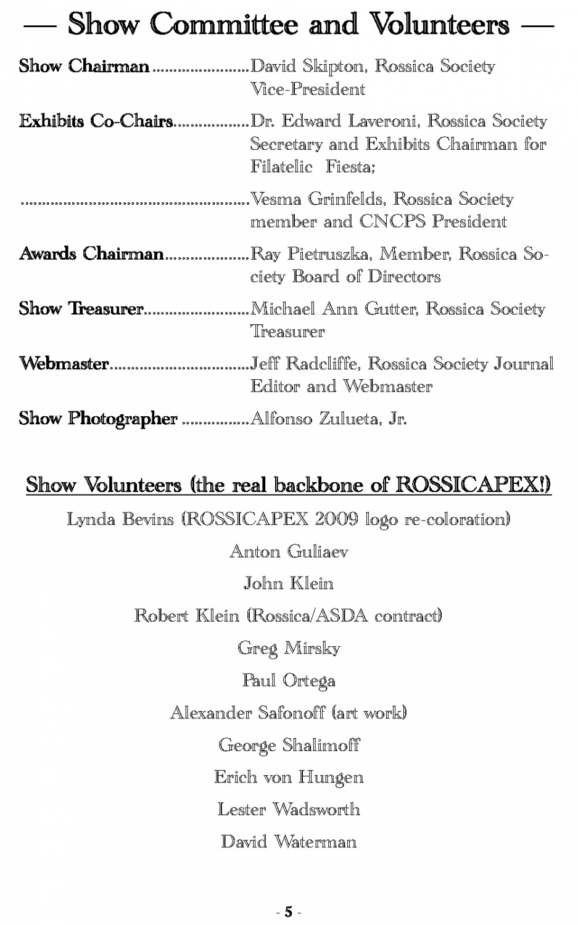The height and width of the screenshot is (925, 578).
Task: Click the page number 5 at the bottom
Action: click(x=288, y=912)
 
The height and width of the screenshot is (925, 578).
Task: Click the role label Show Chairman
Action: click(x=84, y=66)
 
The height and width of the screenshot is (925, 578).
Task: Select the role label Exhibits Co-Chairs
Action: click(x=96, y=121)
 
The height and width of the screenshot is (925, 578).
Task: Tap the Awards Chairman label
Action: click(x=91, y=254)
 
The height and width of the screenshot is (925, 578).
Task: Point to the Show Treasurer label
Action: click(x=81, y=309)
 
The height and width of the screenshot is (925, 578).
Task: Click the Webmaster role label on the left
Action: click(x=64, y=364)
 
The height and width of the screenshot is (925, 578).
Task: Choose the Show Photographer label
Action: click(x=98, y=419)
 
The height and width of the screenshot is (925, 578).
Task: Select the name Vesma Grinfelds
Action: click(x=318, y=199)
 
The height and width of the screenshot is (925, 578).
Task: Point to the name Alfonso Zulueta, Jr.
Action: click(x=328, y=419)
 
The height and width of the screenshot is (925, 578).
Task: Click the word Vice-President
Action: click(x=307, y=89)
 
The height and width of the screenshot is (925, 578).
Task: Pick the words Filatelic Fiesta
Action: click(x=312, y=166)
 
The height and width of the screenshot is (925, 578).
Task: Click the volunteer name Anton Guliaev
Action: click(x=289, y=551)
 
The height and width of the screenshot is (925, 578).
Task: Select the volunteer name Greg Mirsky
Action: click(x=289, y=648)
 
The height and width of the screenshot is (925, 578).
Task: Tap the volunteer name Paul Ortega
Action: click(x=289, y=681)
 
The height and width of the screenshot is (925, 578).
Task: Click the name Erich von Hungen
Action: click(x=289, y=777)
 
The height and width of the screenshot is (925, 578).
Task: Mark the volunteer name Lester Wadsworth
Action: click(x=289, y=809)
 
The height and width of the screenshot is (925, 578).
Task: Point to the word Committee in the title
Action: click(x=225, y=25)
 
